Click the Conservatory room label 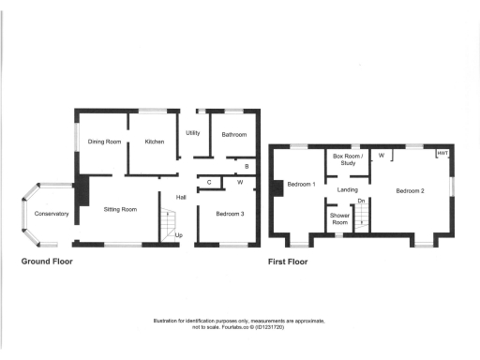pos(52,215)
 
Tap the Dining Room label pos(105,142)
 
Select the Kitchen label pos(154,142)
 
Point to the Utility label pos(193,134)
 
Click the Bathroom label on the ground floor pos(233,135)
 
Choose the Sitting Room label pos(120,209)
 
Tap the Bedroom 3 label pos(229,215)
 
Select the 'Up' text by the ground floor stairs pos(179,234)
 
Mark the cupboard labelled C pos(209,182)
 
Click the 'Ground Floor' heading pos(47,262)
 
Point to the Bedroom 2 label pos(410,191)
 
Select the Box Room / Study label pos(345,159)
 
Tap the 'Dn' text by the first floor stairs pos(361,201)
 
